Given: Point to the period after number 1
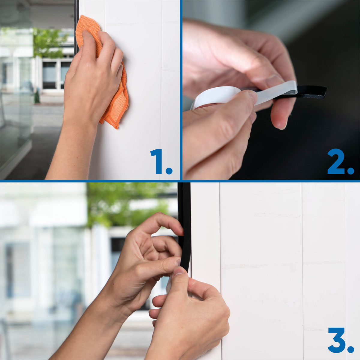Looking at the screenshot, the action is [169, 171].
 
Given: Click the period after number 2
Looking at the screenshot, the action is [350, 171].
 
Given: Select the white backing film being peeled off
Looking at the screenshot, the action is [274, 93].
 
